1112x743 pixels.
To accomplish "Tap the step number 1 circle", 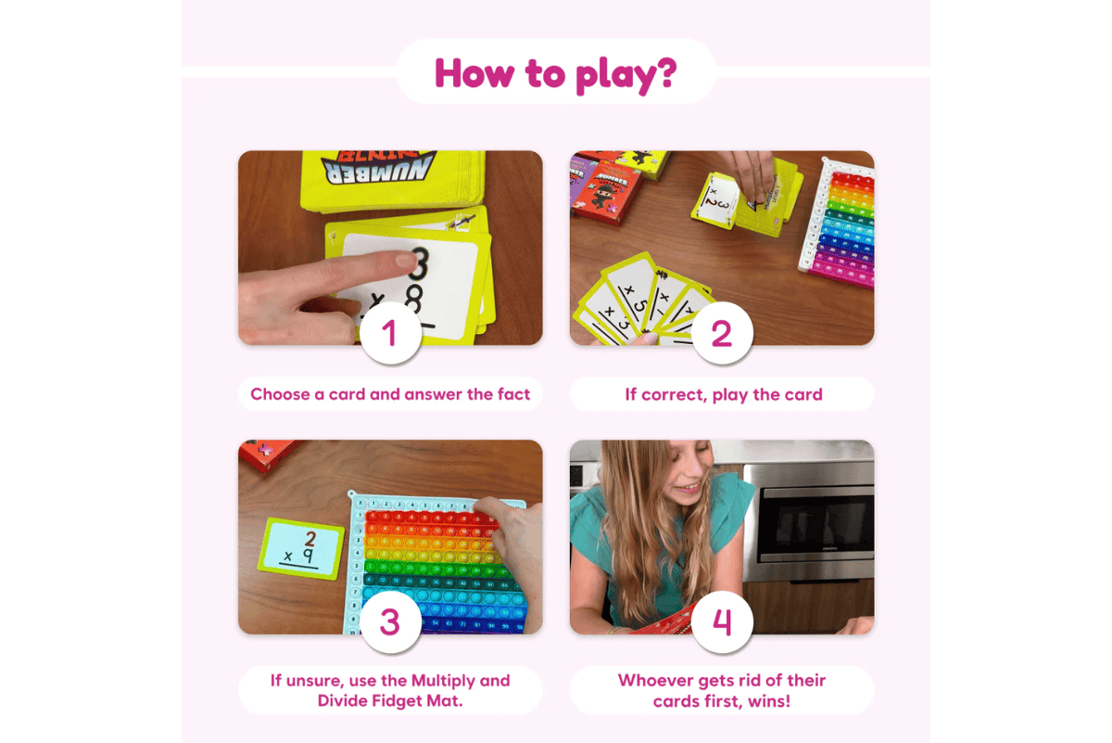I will point(390,332).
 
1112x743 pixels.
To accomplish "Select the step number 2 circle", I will point(721,332).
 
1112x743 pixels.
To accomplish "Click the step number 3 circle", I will point(390,621).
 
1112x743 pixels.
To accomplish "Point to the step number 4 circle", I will point(721,621).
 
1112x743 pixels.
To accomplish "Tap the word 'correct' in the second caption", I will point(675,394).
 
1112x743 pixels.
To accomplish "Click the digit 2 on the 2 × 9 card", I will point(310,535).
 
